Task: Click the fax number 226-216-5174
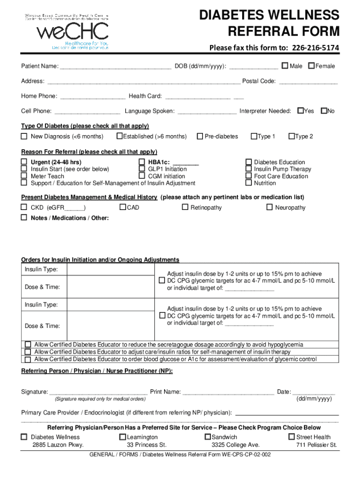316,48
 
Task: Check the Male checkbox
284,65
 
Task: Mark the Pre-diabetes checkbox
200,136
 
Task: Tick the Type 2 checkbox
291,136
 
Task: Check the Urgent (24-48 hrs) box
24,162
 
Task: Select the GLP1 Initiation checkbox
142,169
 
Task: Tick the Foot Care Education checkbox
249,176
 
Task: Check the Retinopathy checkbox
185,207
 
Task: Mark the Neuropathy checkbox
269,207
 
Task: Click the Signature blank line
98,393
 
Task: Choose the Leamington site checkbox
123,436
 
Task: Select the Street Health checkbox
292,436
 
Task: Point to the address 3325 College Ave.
235,445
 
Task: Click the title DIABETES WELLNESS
269,15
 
